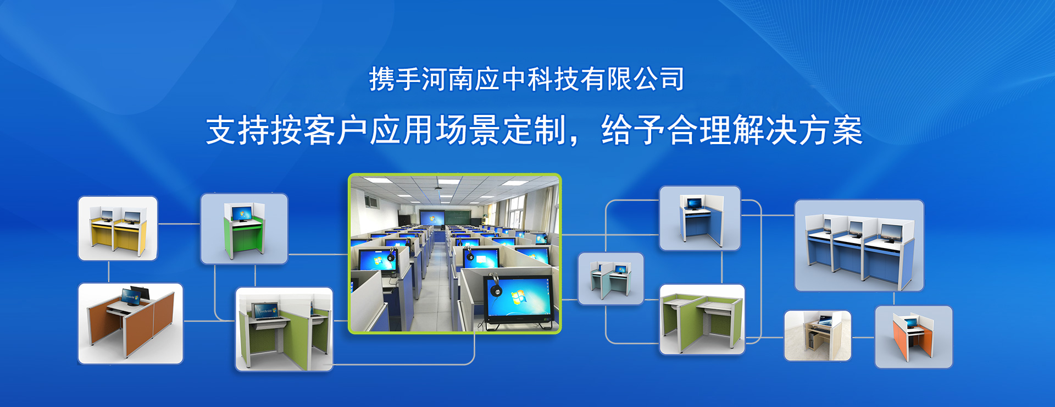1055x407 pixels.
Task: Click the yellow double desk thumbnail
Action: tap(118, 228)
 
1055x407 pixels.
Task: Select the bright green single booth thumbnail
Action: tap(244, 229)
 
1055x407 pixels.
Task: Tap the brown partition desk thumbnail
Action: tap(130, 323)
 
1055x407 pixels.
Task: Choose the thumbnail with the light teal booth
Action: tap(610, 279)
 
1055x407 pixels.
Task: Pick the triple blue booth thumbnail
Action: tap(859, 246)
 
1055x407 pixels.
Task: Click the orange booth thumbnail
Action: tap(913, 337)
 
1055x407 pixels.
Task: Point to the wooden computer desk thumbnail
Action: tap(818, 336)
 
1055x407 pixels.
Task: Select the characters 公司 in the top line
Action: tap(659, 79)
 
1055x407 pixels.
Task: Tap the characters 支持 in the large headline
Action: tap(238, 130)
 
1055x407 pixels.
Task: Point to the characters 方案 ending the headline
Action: tap(831, 130)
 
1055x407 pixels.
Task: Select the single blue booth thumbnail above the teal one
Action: tap(699, 218)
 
